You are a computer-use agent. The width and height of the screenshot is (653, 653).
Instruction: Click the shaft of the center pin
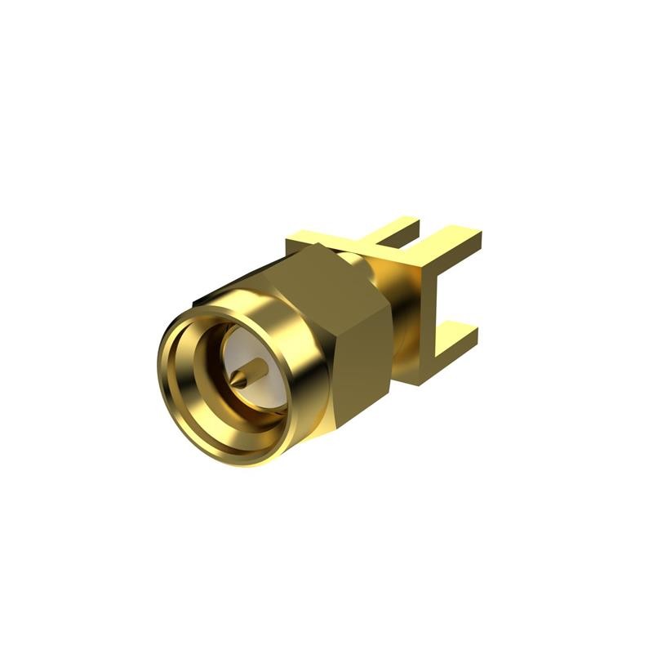253,372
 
